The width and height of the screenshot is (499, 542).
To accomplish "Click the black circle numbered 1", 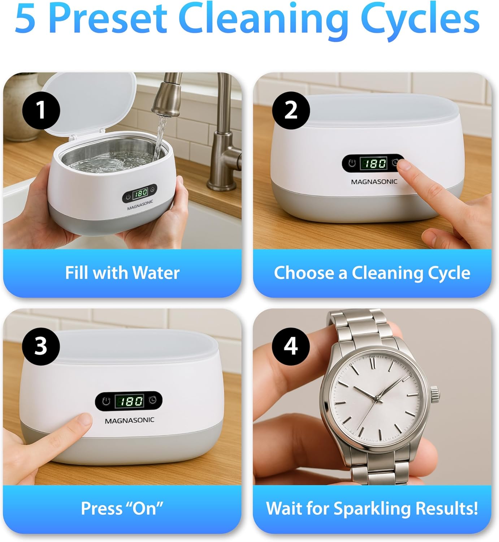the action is pyautogui.click(x=41, y=110).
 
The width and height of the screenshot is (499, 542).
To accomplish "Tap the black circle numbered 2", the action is pyautogui.click(x=291, y=110).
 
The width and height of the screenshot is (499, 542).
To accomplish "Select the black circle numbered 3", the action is pyautogui.click(x=41, y=347).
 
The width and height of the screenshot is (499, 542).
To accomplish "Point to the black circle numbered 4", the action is pyautogui.click(x=291, y=347).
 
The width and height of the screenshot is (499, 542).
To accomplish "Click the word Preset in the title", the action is pyautogui.click(x=108, y=19).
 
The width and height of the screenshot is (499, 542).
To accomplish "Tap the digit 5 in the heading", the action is pyautogui.click(x=25, y=19).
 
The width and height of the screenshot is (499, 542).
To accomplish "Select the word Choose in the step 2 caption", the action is pyautogui.click(x=304, y=272).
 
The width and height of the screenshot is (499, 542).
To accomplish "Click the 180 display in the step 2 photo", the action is pyautogui.click(x=374, y=163).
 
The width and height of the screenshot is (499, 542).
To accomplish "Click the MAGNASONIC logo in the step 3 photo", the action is pyautogui.click(x=130, y=421).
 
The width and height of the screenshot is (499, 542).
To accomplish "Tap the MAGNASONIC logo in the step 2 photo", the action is pyautogui.click(x=374, y=182).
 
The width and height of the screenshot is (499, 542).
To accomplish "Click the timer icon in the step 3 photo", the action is pyautogui.click(x=153, y=400).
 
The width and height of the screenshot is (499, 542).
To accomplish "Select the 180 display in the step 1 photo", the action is pyautogui.click(x=141, y=193).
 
